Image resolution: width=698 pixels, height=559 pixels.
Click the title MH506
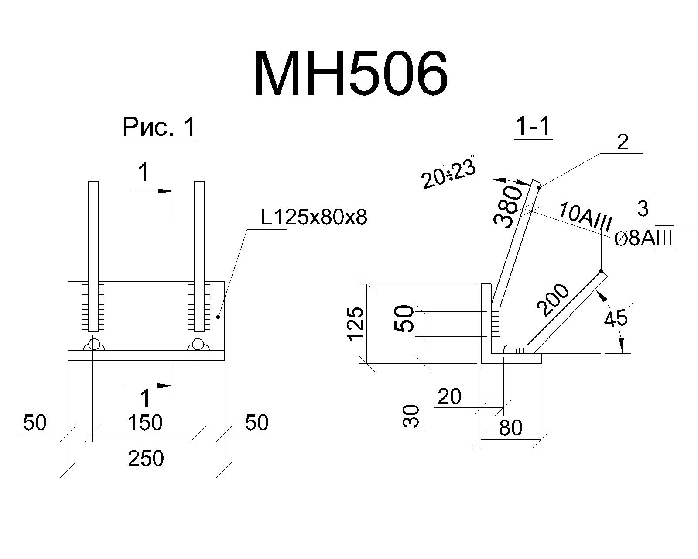351,74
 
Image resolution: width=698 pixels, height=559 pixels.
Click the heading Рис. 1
159,127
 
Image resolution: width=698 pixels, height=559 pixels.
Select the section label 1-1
534,126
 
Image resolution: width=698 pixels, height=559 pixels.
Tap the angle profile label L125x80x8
314,217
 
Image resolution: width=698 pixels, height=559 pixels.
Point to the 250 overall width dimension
146,458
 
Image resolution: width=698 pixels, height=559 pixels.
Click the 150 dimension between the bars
145,423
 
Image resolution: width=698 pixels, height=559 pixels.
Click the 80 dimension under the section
510,428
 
